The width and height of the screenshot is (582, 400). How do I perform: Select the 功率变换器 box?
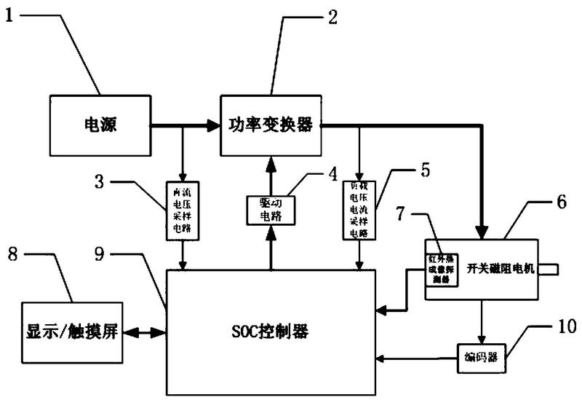tap(271, 125)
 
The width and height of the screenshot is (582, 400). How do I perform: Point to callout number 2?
tap(332, 16)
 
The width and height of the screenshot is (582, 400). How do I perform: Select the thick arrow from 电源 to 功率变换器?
tap(185, 126)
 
